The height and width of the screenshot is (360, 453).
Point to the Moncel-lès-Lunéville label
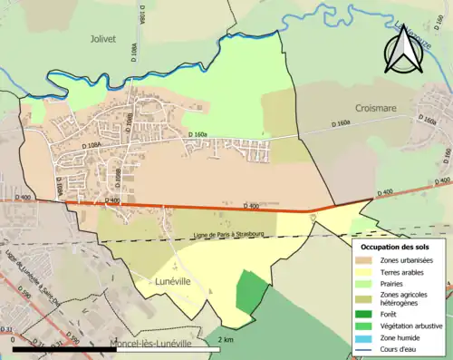click(x=150, y=344)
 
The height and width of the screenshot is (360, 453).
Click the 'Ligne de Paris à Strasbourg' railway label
click(x=207, y=236)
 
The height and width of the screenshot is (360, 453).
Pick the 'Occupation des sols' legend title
click(x=394, y=247)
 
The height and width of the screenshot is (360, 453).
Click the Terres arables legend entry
click(x=399, y=273)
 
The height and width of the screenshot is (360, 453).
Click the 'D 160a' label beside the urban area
click(x=198, y=135)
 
